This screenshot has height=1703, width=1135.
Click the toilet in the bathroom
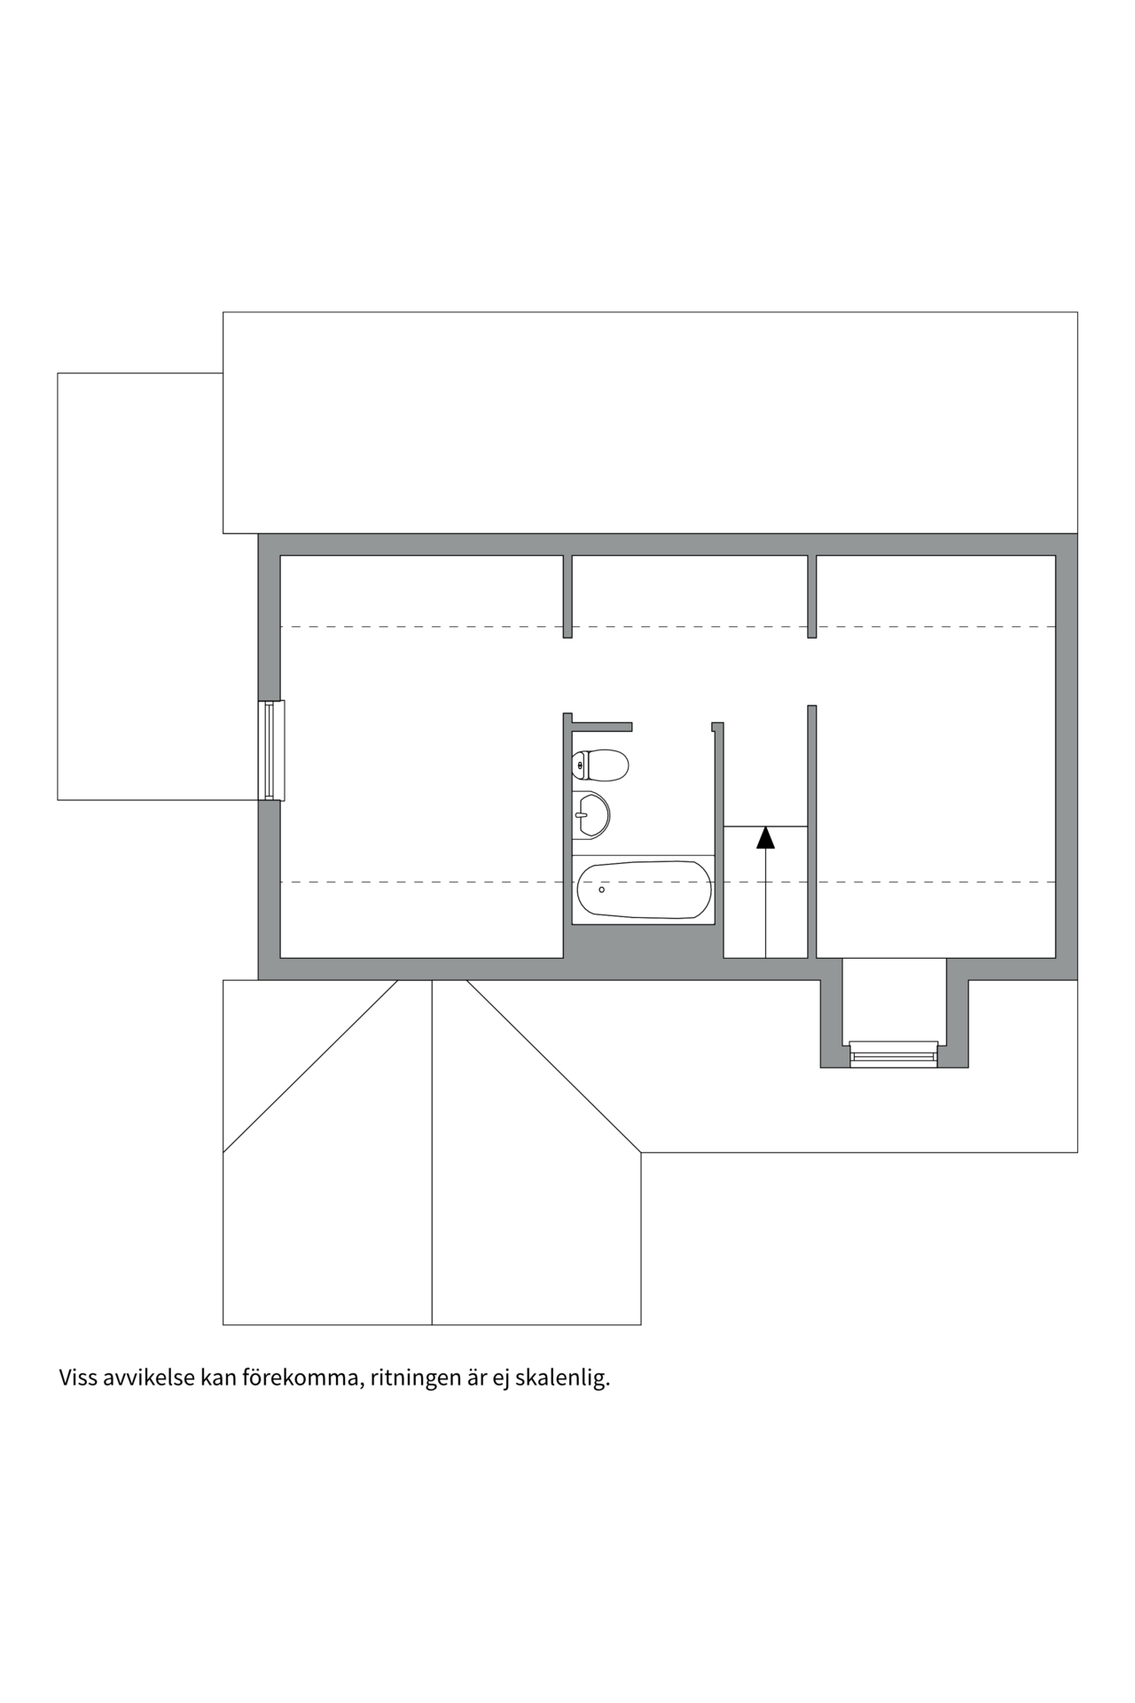point(603,764)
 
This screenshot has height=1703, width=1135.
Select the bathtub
point(643,890)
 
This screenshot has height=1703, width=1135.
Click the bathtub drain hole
point(602,889)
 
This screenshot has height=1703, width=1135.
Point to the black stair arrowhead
point(765,836)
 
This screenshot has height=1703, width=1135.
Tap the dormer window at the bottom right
point(894,1054)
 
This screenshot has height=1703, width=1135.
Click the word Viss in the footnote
point(78,1378)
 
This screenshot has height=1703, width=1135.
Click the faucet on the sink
point(581,814)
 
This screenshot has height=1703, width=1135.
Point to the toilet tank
point(580,764)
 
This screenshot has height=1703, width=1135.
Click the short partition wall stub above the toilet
point(601,726)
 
